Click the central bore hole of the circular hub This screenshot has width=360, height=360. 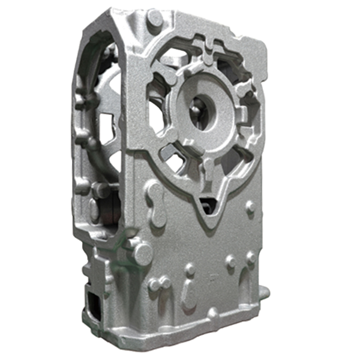point(204,113)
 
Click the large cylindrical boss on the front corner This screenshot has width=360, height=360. point(139,251)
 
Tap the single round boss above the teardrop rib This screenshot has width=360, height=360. point(190,270)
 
